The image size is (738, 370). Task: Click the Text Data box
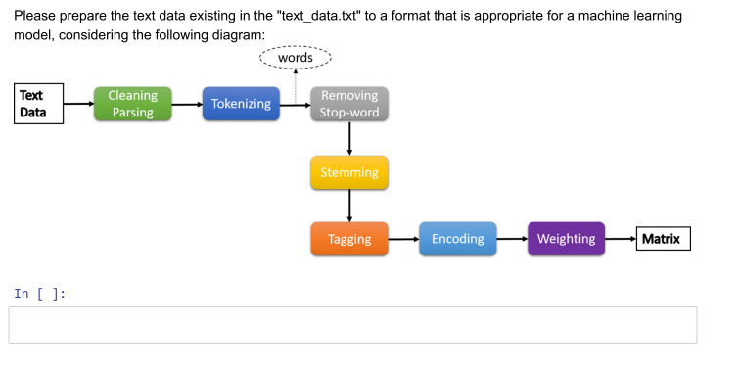click(x=38, y=104)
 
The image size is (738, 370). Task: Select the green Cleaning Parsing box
click(x=132, y=104)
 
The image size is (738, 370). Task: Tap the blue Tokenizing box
click(x=241, y=104)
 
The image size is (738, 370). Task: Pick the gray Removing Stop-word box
click(x=349, y=104)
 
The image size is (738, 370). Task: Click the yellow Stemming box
click(x=349, y=172)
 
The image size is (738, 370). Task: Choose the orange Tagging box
click(x=349, y=239)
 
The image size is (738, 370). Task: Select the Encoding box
click(x=458, y=239)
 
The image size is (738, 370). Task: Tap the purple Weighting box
click(x=566, y=239)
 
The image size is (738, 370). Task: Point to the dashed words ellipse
click(x=296, y=59)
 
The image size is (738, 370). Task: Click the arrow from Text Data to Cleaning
click(x=77, y=104)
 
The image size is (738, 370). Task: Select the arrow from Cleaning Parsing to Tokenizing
click(x=186, y=104)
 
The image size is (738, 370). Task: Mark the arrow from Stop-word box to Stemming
click(x=349, y=138)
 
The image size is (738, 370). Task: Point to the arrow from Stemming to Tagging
click(x=349, y=206)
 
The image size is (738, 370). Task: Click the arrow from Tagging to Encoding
click(x=403, y=239)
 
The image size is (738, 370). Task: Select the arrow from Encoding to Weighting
click(x=512, y=239)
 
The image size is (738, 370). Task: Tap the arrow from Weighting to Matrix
click(x=620, y=239)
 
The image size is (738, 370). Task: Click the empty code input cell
click(x=352, y=325)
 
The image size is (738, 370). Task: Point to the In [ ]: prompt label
click(x=39, y=293)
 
